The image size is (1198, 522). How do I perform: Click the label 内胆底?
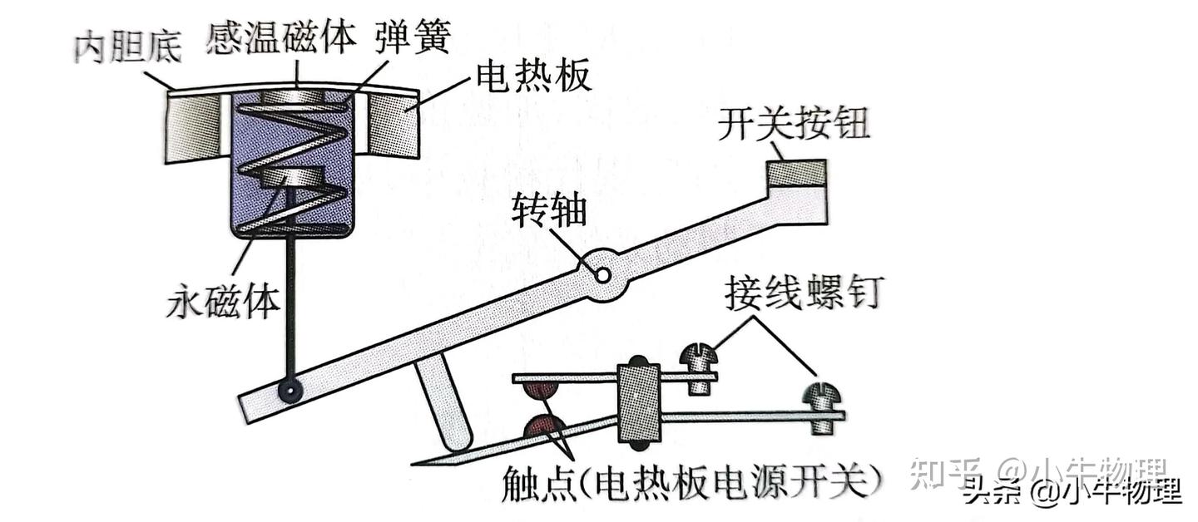coord(127,47)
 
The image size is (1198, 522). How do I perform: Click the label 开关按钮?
coord(793,124)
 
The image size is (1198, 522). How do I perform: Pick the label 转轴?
coord(549,210)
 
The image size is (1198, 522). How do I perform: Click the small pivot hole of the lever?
coord(602,275)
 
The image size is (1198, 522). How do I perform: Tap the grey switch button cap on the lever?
coord(796,173)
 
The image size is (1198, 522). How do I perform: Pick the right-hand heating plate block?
coord(394,126)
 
